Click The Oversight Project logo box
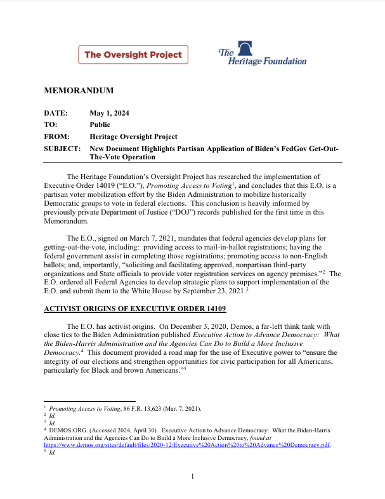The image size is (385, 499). (x=133, y=55)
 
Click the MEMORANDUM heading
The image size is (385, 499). (x=78, y=90)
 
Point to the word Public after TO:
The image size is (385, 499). (x=100, y=124)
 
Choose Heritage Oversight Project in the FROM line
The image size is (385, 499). (x=133, y=136)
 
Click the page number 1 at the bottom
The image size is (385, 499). (x=192, y=476)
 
